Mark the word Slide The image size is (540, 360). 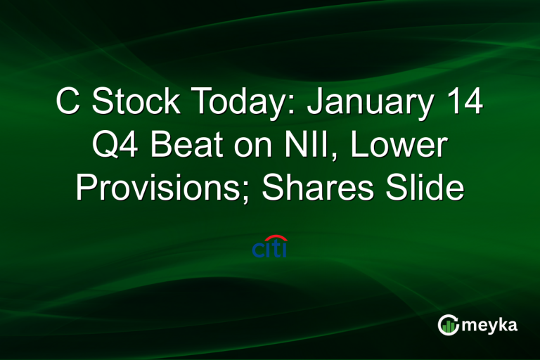point(428,188)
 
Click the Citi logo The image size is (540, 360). point(270,247)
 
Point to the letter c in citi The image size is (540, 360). point(258,250)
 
